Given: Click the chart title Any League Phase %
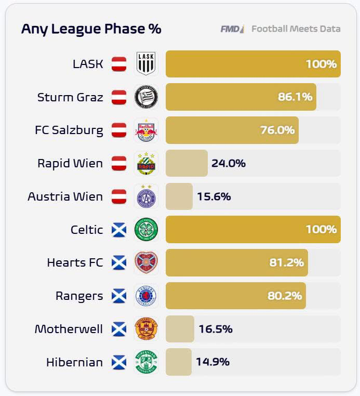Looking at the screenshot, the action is [91, 29].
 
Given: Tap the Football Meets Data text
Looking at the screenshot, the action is [296, 29].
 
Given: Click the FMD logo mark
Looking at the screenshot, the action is [232, 29].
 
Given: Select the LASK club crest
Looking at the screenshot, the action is [146, 64].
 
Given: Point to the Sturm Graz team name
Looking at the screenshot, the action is [70, 97].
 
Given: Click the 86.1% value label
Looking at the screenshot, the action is [295, 97].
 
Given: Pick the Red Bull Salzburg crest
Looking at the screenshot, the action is [146, 130].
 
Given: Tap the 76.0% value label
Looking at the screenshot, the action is [278, 130].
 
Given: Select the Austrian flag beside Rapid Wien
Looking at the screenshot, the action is [119, 163].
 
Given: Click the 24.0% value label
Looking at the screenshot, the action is [229, 163].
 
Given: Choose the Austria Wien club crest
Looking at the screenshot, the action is [146, 196].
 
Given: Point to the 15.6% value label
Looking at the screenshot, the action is [214, 196].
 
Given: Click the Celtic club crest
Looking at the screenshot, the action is [146, 230].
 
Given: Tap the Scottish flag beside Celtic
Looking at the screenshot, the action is [119, 230].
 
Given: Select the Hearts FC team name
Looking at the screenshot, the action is [75, 262].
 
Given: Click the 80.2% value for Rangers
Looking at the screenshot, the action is [285, 296].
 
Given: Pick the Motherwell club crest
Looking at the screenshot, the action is [146, 329].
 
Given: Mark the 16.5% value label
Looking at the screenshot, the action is [215, 329].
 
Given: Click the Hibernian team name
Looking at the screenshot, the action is [74, 362].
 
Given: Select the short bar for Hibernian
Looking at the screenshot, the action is [179, 362].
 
